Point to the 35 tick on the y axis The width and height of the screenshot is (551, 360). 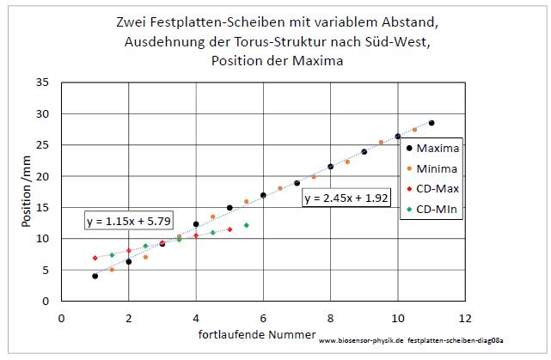pyautogui.click(x=43, y=83)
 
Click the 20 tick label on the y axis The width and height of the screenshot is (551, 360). pyautogui.click(x=43, y=177)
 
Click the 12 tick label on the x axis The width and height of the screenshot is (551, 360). pyautogui.click(x=465, y=317)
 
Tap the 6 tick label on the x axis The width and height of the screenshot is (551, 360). pyautogui.click(x=263, y=317)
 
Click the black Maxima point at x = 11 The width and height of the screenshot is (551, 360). pyautogui.click(x=432, y=123)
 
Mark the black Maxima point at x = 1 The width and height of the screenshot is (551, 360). pyautogui.click(x=95, y=276)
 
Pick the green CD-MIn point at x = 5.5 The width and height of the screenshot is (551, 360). pyautogui.click(x=247, y=225)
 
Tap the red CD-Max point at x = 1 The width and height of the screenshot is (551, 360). pyautogui.click(x=95, y=258)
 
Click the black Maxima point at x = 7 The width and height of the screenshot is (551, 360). pyautogui.click(x=297, y=183)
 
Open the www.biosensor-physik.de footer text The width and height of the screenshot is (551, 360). pyautogui.click(x=362, y=342)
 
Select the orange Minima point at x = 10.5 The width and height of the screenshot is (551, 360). pyautogui.click(x=414, y=130)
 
